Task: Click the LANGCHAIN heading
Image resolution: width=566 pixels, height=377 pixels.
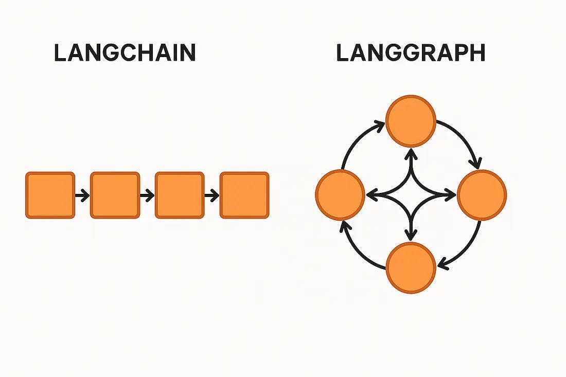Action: coord(125,53)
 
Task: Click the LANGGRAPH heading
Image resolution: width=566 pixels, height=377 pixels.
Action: coord(411,53)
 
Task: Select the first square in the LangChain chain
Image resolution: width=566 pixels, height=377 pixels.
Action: coord(50,195)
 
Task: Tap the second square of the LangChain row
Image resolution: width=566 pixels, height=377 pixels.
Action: coord(115,195)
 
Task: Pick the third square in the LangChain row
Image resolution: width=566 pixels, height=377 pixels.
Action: coord(180,195)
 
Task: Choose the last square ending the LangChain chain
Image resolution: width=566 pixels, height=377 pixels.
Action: coord(244,195)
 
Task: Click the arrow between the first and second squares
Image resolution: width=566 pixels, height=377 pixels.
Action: coord(82,195)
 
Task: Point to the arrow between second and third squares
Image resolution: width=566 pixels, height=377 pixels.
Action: coord(147,195)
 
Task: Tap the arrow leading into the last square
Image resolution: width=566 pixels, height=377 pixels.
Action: coord(212,195)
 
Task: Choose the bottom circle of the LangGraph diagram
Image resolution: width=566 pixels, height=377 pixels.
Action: coord(411,268)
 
